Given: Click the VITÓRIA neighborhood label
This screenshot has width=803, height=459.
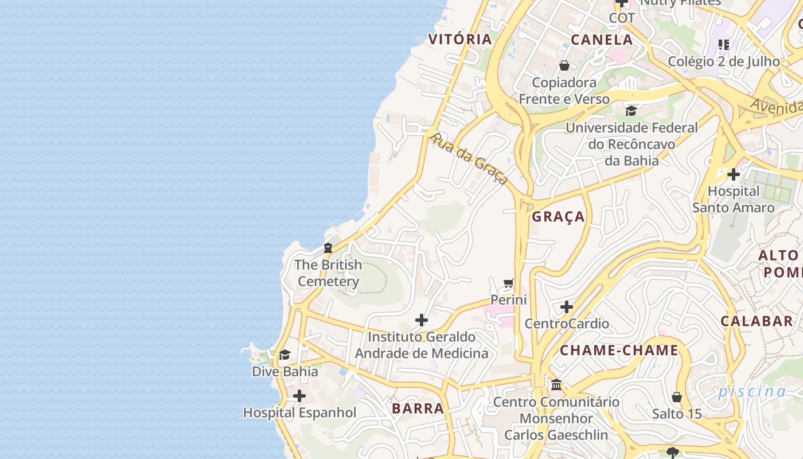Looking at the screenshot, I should pyautogui.click(x=460, y=39).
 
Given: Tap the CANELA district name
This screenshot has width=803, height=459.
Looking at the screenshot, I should pyautogui.click(x=602, y=40).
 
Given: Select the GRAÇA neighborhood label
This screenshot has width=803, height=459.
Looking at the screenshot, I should pyautogui.click(x=558, y=216).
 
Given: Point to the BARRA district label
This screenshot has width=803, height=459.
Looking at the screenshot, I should pyautogui.click(x=418, y=409).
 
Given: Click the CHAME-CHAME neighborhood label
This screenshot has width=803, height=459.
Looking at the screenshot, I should pyautogui.click(x=619, y=350).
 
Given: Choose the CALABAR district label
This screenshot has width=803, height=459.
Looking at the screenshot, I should pyautogui.click(x=757, y=321).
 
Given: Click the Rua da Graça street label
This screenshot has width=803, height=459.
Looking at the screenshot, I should pyautogui.click(x=469, y=158).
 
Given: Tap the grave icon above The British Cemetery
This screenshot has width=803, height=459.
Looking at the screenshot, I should pyautogui.click(x=328, y=248).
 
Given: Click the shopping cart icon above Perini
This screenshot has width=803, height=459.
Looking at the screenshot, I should pyautogui.click(x=508, y=283).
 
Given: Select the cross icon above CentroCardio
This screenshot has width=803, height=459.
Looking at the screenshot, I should pyautogui.click(x=567, y=307).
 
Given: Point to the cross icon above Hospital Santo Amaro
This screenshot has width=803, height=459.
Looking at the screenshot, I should pyautogui.click(x=733, y=174).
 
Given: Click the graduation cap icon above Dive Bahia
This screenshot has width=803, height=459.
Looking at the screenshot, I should pyautogui.click(x=284, y=355).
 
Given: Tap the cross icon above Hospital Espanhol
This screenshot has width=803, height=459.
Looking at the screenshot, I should pyautogui.click(x=299, y=396).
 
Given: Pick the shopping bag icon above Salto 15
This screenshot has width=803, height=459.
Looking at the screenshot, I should pyautogui.click(x=677, y=397).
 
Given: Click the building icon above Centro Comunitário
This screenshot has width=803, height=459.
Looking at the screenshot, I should pyautogui.click(x=556, y=384).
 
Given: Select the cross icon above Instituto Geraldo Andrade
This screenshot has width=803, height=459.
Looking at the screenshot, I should pyautogui.click(x=422, y=320).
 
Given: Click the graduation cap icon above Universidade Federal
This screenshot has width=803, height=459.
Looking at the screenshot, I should pyautogui.click(x=632, y=111).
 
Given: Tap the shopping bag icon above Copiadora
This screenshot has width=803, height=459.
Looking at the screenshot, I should pyautogui.click(x=564, y=65).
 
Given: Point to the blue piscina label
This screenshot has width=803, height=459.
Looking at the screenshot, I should pyautogui.click(x=752, y=392).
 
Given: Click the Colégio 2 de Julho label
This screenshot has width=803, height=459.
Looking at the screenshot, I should pyautogui.click(x=724, y=61).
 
